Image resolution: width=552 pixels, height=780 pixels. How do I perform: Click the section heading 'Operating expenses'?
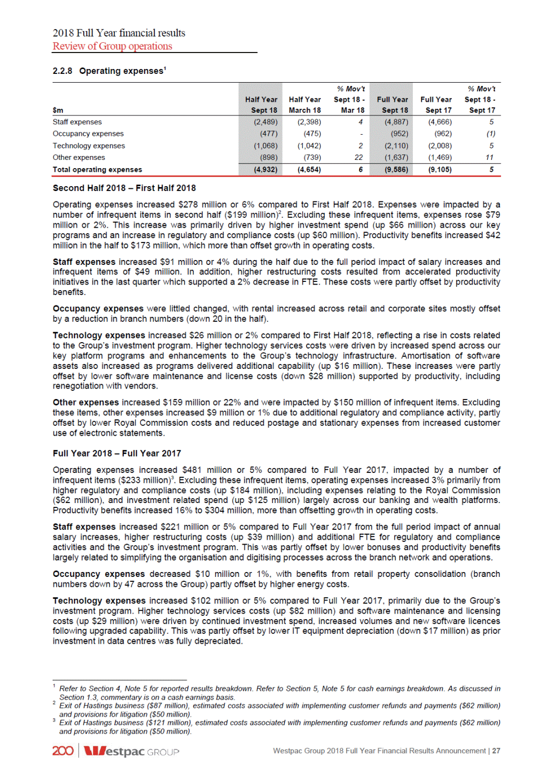[121, 71]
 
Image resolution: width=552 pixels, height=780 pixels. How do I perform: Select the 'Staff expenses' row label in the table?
[77, 122]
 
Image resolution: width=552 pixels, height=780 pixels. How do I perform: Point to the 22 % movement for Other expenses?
[359, 158]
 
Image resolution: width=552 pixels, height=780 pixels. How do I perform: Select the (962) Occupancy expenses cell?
[443, 134]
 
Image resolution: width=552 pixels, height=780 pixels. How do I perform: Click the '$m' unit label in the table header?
[58, 111]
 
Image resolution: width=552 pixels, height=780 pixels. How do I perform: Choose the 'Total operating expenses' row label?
[97, 170]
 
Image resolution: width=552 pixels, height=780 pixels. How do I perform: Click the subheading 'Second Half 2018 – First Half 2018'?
[124, 188]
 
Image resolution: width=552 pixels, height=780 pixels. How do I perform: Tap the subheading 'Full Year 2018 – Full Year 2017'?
[117, 453]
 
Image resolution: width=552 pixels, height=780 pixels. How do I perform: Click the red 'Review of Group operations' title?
[112, 47]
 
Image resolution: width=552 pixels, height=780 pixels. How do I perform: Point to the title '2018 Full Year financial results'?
[119, 33]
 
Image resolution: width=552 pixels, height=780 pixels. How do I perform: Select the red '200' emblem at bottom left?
[63, 751]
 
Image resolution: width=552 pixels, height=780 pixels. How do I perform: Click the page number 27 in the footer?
[496, 751]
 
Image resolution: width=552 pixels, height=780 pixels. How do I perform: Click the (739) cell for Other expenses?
[312, 158]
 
